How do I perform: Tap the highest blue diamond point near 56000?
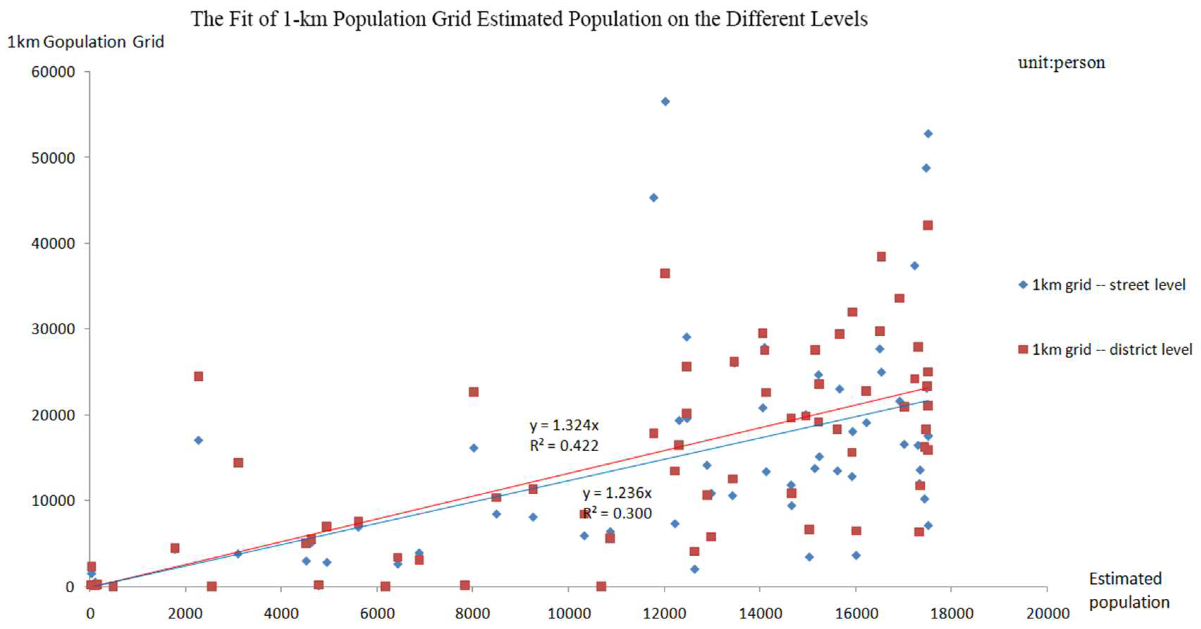click(x=665, y=102)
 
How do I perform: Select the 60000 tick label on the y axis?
click(x=53, y=72)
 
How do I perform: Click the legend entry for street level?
click(x=1102, y=285)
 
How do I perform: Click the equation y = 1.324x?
click(x=564, y=425)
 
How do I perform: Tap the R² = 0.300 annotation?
click(x=617, y=513)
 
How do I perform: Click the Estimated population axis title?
click(x=1129, y=590)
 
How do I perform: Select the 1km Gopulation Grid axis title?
click(x=86, y=42)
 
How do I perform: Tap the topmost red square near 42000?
click(x=928, y=225)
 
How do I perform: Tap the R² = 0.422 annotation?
click(x=564, y=446)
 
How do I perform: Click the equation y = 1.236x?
click(x=617, y=493)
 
